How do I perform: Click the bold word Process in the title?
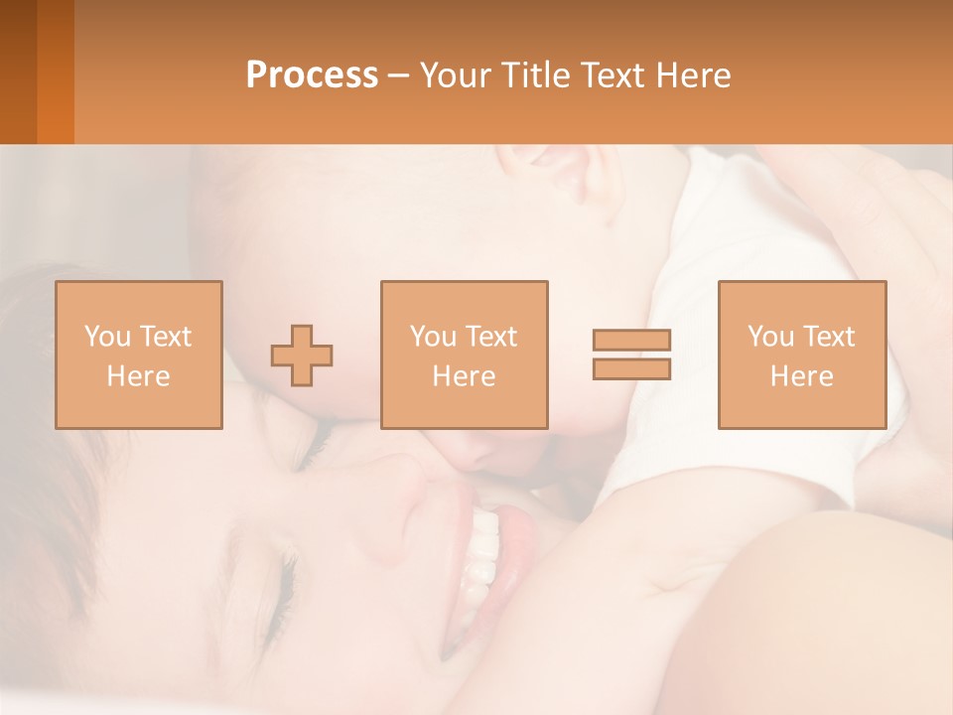click(312, 75)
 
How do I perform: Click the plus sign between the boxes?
click(302, 356)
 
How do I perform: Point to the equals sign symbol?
click(631, 355)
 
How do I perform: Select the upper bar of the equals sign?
click(631, 341)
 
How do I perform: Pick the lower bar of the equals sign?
click(631, 368)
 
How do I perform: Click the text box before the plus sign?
click(139, 355)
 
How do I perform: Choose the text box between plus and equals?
click(465, 355)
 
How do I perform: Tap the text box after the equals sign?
click(802, 355)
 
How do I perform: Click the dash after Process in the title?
click(397, 75)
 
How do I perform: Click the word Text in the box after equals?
click(830, 337)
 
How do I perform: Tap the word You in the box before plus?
click(107, 337)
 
